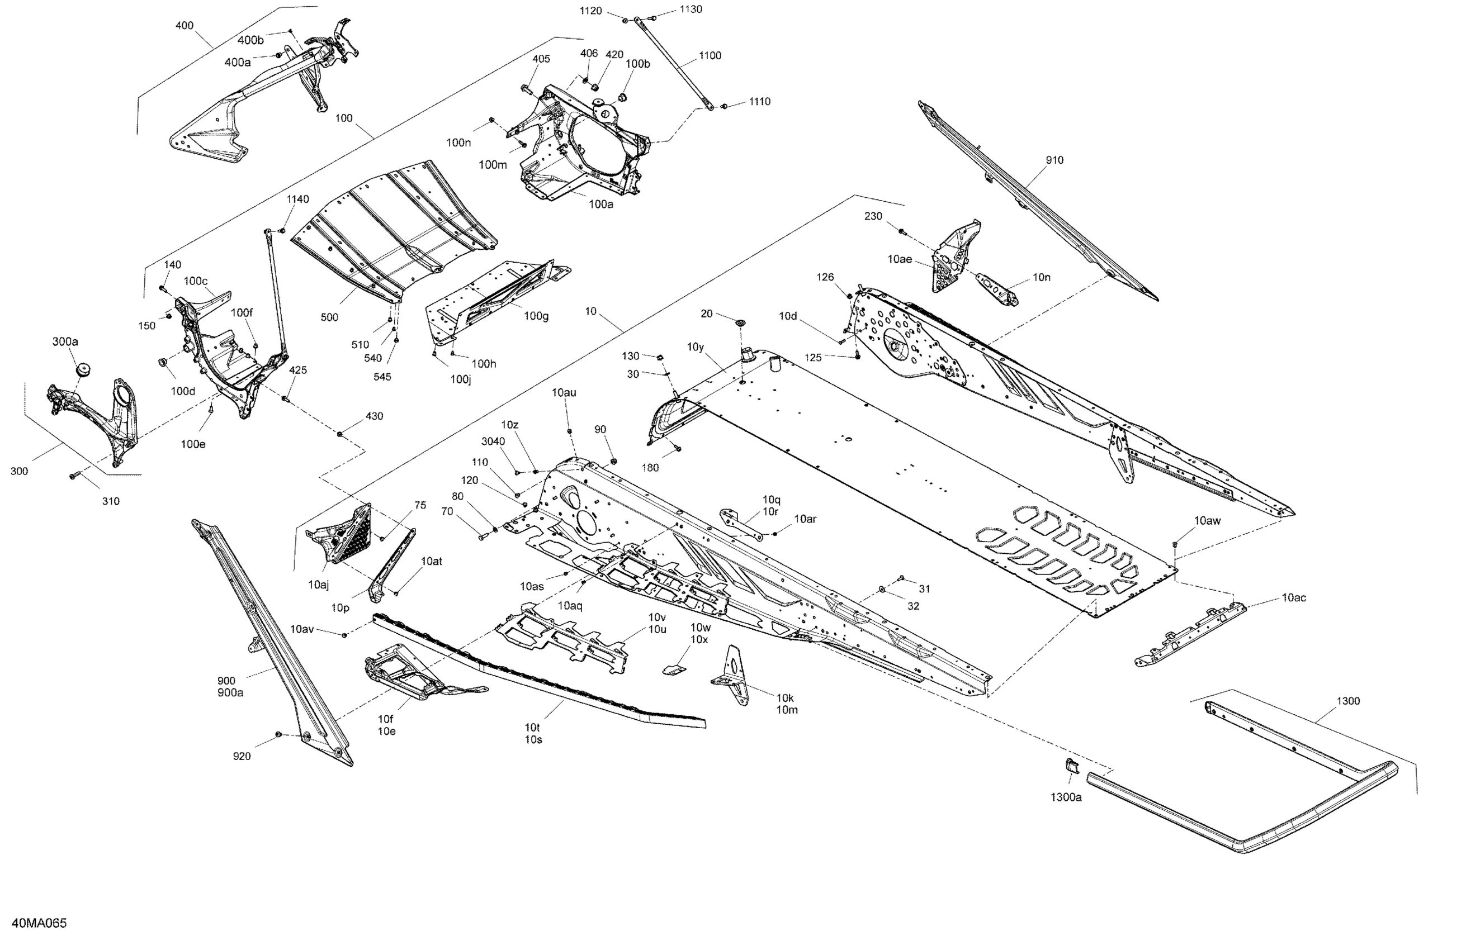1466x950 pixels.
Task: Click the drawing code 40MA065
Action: click(x=39, y=923)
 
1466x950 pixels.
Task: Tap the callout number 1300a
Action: click(x=1066, y=797)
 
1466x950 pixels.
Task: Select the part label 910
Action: click(x=1054, y=160)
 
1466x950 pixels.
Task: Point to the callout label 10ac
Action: click(x=1294, y=597)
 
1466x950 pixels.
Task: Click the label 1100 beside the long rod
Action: click(x=710, y=55)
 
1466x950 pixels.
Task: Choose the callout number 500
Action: click(x=329, y=317)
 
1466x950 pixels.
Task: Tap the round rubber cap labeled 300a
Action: click(x=83, y=370)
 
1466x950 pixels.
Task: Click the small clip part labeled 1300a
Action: click(x=1072, y=766)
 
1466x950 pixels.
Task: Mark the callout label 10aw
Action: click(x=1207, y=520)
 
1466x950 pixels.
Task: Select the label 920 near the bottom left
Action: click(x=242, y=756)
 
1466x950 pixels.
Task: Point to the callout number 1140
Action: click(x=297, y=199)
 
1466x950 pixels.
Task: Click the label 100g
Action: click(x=536, y=316)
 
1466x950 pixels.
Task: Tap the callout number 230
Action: click(x=873, y=216)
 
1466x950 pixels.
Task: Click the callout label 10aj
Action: click(x=319, y=585)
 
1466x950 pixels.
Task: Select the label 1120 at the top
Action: click(x=591, y=11)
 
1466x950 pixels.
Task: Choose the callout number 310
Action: click(x=111, y=501)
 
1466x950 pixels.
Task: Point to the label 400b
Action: click(x=250, y=40)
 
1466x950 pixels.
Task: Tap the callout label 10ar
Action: click(x=805, y=519)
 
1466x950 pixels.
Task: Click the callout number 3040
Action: click(x=493, y=441)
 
